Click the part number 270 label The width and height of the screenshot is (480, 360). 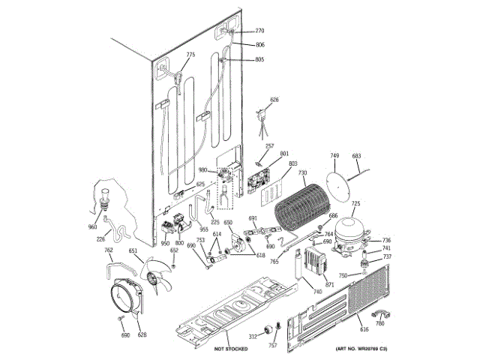click(259, 31)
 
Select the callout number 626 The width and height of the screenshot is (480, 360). click(274, 100)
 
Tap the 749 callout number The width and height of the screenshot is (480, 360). click(335, 155)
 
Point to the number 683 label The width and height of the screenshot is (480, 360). click(357, 155)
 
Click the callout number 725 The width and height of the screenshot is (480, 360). click(356, 203)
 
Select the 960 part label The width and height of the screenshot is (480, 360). click(93, 227)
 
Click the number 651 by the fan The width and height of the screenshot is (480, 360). click(133, 251)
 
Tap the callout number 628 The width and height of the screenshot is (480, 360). click(142, 334)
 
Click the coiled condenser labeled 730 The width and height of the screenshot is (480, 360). click(301, 206)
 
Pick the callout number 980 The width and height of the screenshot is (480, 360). click(202, 170)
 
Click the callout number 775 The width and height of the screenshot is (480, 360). click(190, 55)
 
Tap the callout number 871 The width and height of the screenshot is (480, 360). click(329, 286)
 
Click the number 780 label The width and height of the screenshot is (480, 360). click(379, 323)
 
